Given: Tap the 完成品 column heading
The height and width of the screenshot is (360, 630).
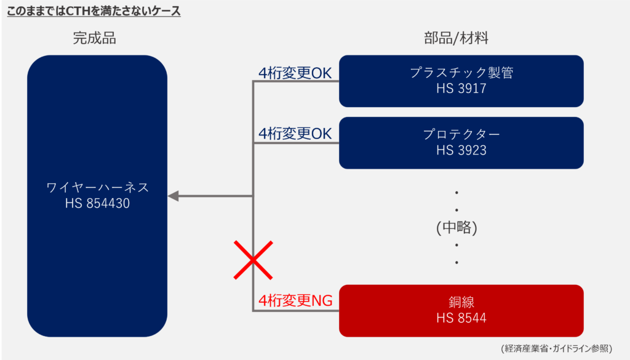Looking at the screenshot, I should (x=94, y=38).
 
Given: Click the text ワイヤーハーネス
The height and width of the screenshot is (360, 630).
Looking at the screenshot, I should (x=97, y=187).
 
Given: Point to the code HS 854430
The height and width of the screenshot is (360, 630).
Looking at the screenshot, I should (x=97, y=204).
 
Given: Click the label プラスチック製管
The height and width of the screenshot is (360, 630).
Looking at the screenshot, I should (x=461, y=73).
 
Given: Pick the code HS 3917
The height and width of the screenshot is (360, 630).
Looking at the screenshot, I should (x=461, y=89).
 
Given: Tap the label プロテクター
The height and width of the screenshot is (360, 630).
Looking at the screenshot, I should (x=461, y=134).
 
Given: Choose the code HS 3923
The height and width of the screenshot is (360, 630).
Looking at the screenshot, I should (x=461, y=150).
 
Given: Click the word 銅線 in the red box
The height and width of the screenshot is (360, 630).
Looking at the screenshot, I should (x=461, y=302).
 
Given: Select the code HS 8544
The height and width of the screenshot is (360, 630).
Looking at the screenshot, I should (x=461, y=318).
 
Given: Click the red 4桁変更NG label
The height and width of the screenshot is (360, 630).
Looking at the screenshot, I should (x=295, y=301).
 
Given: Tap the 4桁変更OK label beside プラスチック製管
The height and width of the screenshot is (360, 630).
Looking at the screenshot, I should (x=295, y=73).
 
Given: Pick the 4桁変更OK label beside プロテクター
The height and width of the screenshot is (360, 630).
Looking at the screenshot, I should (x=295, y=134).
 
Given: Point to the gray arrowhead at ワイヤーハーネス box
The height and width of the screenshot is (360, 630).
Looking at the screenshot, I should (x=173, y=196).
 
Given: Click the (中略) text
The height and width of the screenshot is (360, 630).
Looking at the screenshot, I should (x=457, y=227).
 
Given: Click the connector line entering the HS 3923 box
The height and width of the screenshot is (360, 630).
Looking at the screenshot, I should (x=308, y=143).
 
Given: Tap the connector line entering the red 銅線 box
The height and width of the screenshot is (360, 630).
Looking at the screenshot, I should (x=308, y=311).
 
